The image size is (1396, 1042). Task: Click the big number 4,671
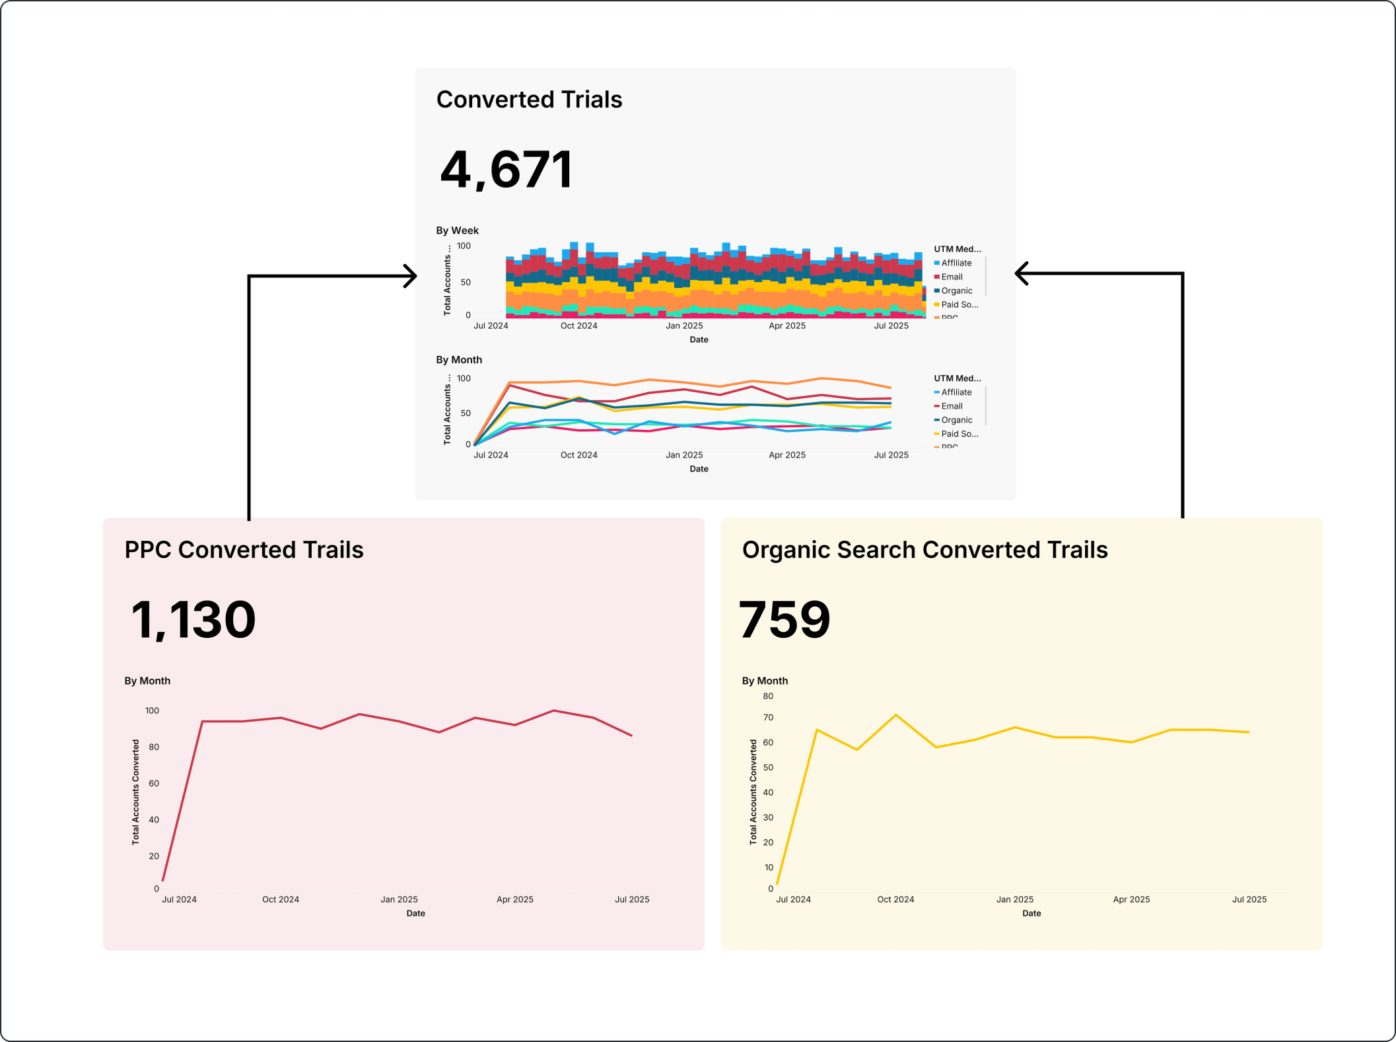(506, 170)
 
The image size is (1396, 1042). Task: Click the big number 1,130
(193, 619)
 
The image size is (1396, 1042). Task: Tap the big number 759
(784, 619)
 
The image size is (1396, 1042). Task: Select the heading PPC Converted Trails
(244, 549)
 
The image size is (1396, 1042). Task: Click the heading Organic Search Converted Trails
(925, 549)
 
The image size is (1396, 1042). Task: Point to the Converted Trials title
(529, 99)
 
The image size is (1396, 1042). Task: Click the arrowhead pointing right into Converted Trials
(411, 276)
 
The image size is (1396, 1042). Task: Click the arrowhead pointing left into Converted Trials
(1021, 273)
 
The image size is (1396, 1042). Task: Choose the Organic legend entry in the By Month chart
(956, 420)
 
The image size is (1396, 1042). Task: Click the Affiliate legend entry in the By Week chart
(956, 263)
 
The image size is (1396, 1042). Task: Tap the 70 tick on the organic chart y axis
(767, 717)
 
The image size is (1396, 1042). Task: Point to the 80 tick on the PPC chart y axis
(153, 747)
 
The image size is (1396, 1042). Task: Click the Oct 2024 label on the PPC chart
(280, 899)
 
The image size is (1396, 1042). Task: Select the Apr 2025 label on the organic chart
(1131, 899)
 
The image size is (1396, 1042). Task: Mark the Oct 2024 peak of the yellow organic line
(895, 715)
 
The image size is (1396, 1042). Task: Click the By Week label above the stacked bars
(457, 230)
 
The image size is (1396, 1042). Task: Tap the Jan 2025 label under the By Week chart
(683, 326)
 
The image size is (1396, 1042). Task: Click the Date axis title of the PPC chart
(415, 913)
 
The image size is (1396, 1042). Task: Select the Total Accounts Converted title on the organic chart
(753, 792)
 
